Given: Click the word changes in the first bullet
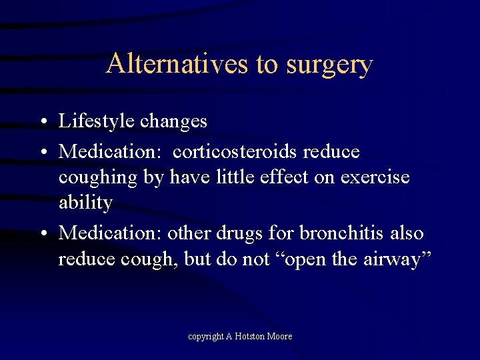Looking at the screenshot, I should click(175, 121).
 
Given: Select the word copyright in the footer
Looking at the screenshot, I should click(205, 337).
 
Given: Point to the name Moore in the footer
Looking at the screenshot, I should click(280, 336).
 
